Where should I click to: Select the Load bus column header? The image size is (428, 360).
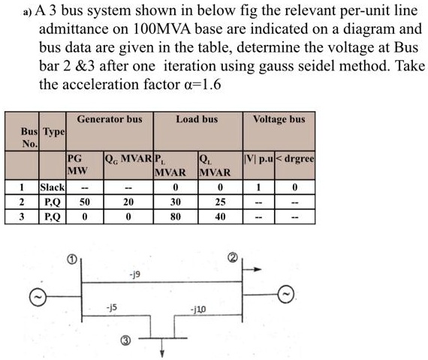[x=197, y=118]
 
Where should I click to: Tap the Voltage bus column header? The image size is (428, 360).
[x=279, y=118]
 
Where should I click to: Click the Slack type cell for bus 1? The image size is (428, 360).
[x=53, y=187]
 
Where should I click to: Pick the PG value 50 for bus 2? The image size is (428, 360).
[x=84, y=202]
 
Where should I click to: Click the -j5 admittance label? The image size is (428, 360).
[x=113, y=306]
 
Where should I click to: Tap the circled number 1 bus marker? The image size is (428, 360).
[x=72, y=259]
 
